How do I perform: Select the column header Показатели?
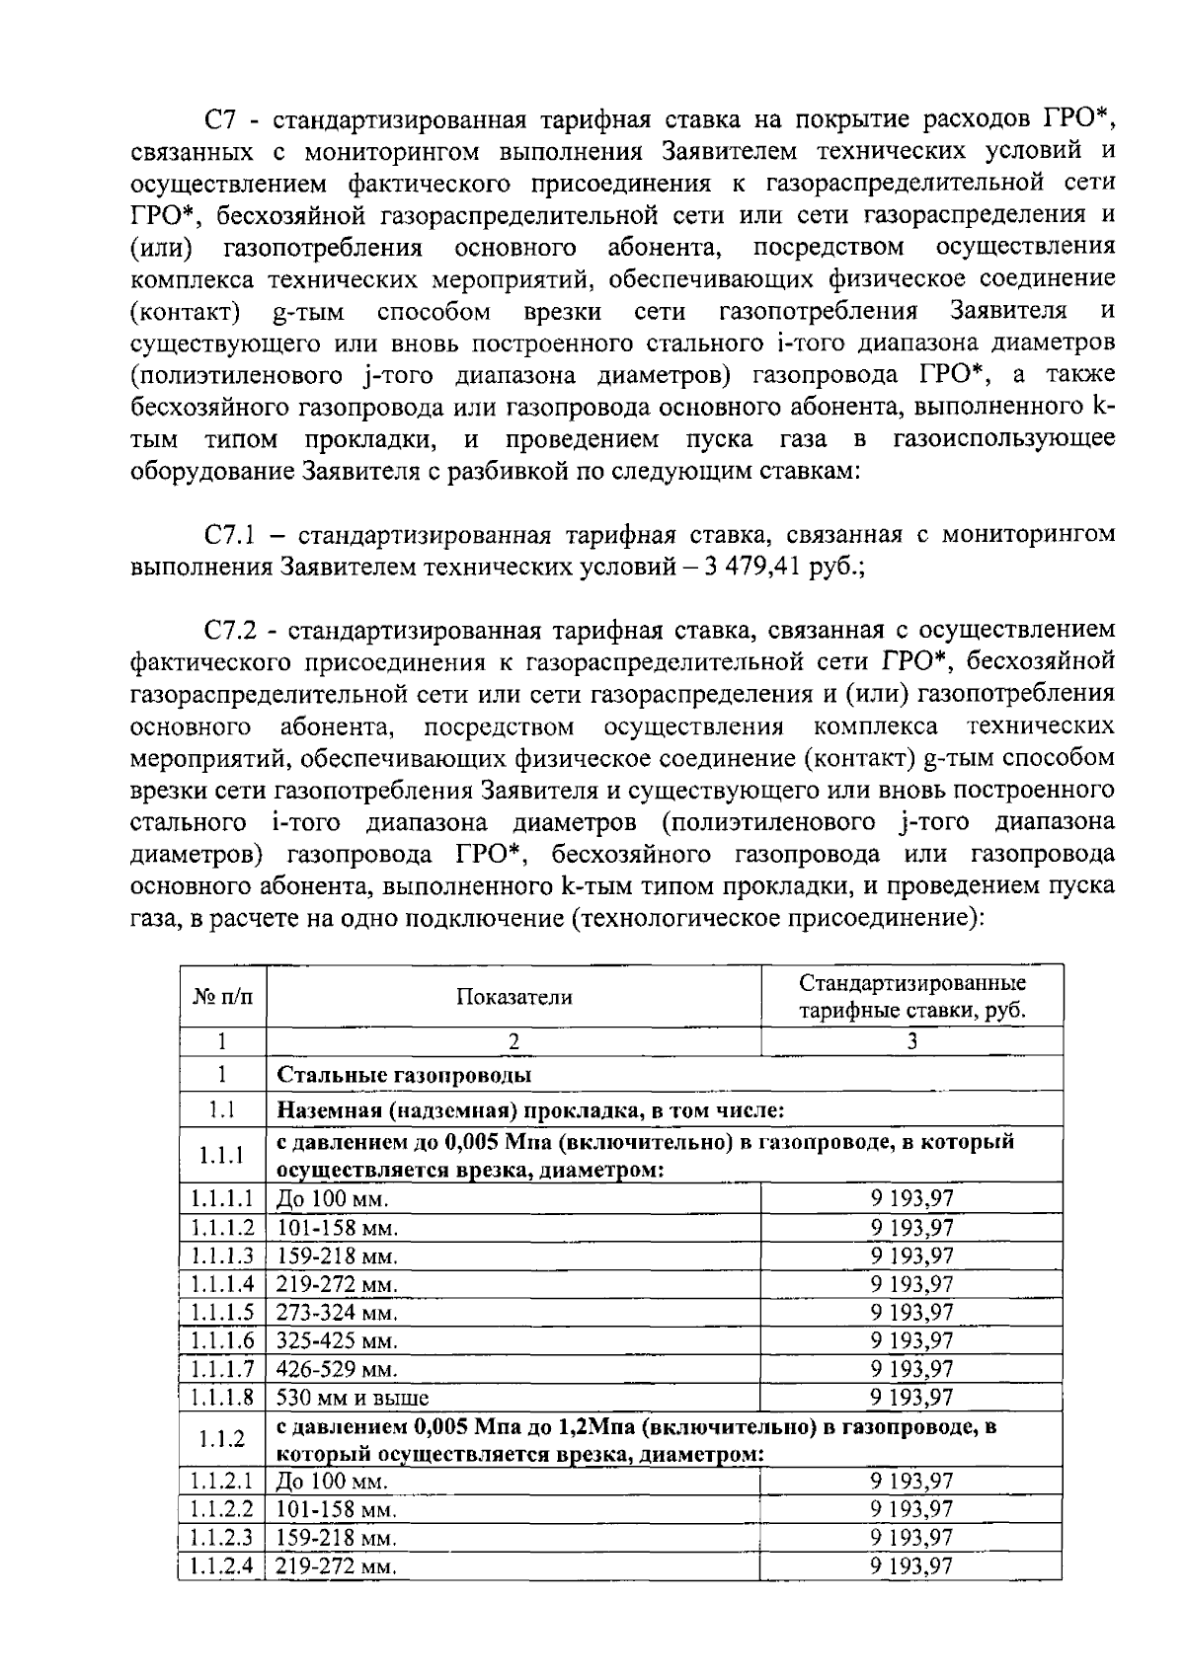(513, 997)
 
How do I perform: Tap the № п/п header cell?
(222, 997)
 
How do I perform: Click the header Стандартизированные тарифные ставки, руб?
(911, 997)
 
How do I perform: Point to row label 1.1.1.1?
(222, 1199)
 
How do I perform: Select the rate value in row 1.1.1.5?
(911, 1313)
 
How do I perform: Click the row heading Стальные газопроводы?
(405, 1075)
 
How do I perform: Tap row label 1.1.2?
(222, 1439)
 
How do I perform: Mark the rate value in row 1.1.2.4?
(911, 1566)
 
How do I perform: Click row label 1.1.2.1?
(222, 1482)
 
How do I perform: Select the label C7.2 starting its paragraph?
(230, 630)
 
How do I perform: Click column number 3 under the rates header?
(911, 1041)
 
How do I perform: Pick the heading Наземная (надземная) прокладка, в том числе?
(530, 1110)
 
